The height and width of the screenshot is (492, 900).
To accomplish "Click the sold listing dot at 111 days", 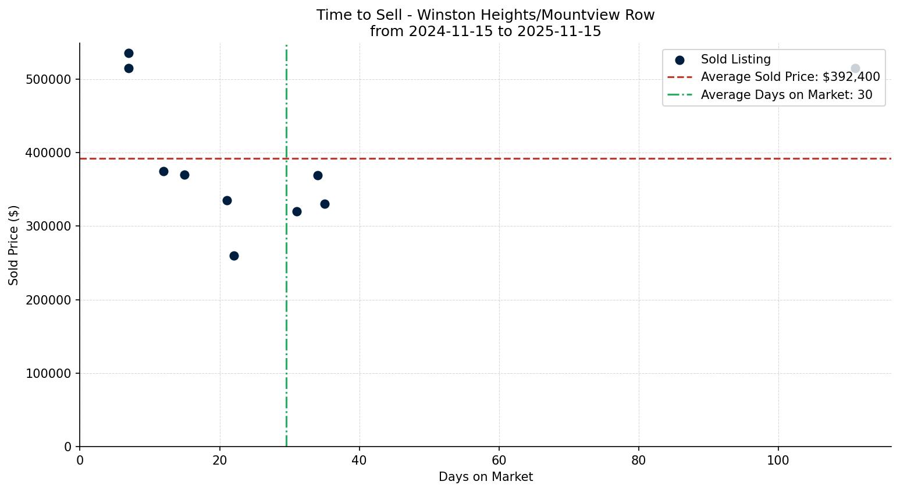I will tap(855, 69).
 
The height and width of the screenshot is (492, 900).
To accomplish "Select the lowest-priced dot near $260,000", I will tap(234, 256).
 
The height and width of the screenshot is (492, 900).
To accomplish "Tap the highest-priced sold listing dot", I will tap(129, 54).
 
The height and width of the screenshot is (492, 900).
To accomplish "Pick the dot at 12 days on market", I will tap(163, 171).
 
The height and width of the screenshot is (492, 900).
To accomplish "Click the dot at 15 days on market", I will tap(184, 175).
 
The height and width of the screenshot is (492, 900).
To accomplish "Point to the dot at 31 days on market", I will tap(297, 211).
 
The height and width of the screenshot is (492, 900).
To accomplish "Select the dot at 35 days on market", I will tap(325, 204).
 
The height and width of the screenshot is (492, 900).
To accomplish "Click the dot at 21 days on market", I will tap(227, 200).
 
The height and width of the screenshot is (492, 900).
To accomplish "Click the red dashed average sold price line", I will tap(465, 158).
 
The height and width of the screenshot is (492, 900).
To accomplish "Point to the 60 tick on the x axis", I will tap(499, 460).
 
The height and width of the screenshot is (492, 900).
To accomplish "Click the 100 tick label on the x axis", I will tap(778, 460).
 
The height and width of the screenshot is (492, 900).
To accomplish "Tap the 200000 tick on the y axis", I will tap(52, 300).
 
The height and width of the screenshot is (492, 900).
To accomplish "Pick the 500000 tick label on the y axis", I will tap(52, 79).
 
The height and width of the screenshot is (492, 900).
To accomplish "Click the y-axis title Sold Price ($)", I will tap(14, 245).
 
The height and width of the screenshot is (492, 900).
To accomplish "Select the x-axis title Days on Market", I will tap(485, 477).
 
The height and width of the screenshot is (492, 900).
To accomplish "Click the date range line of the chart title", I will tap(485, 31).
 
